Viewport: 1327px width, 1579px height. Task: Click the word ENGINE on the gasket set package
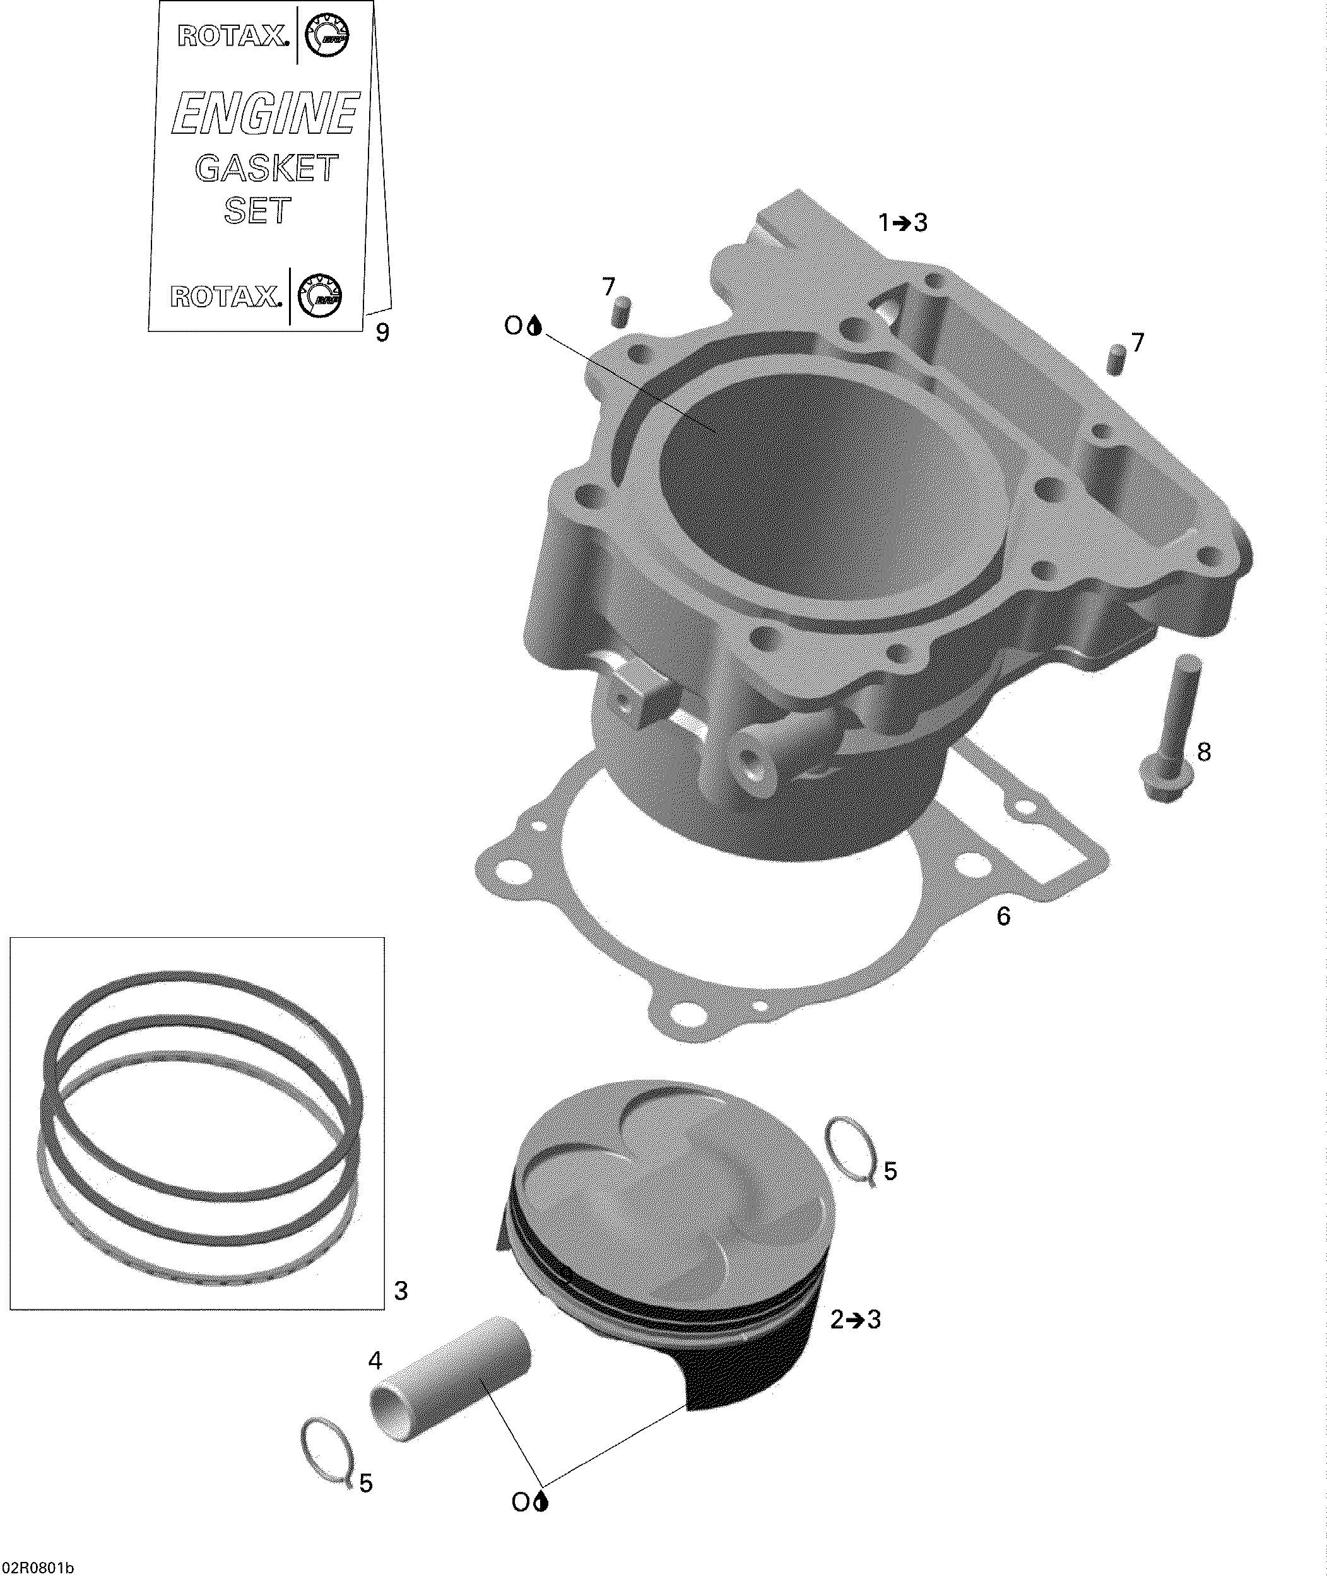(266, 113)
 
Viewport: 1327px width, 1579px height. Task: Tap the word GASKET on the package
(267, 168)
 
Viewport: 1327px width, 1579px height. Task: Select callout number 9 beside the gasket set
(382, 332)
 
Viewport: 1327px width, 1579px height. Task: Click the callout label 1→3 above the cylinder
(903, 223)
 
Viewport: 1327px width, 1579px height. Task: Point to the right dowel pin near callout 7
(1116, 359)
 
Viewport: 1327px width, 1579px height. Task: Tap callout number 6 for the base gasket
(1003, 916)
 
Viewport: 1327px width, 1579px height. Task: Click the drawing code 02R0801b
(38, 1568)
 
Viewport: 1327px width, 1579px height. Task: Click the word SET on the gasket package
(257, 211)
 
